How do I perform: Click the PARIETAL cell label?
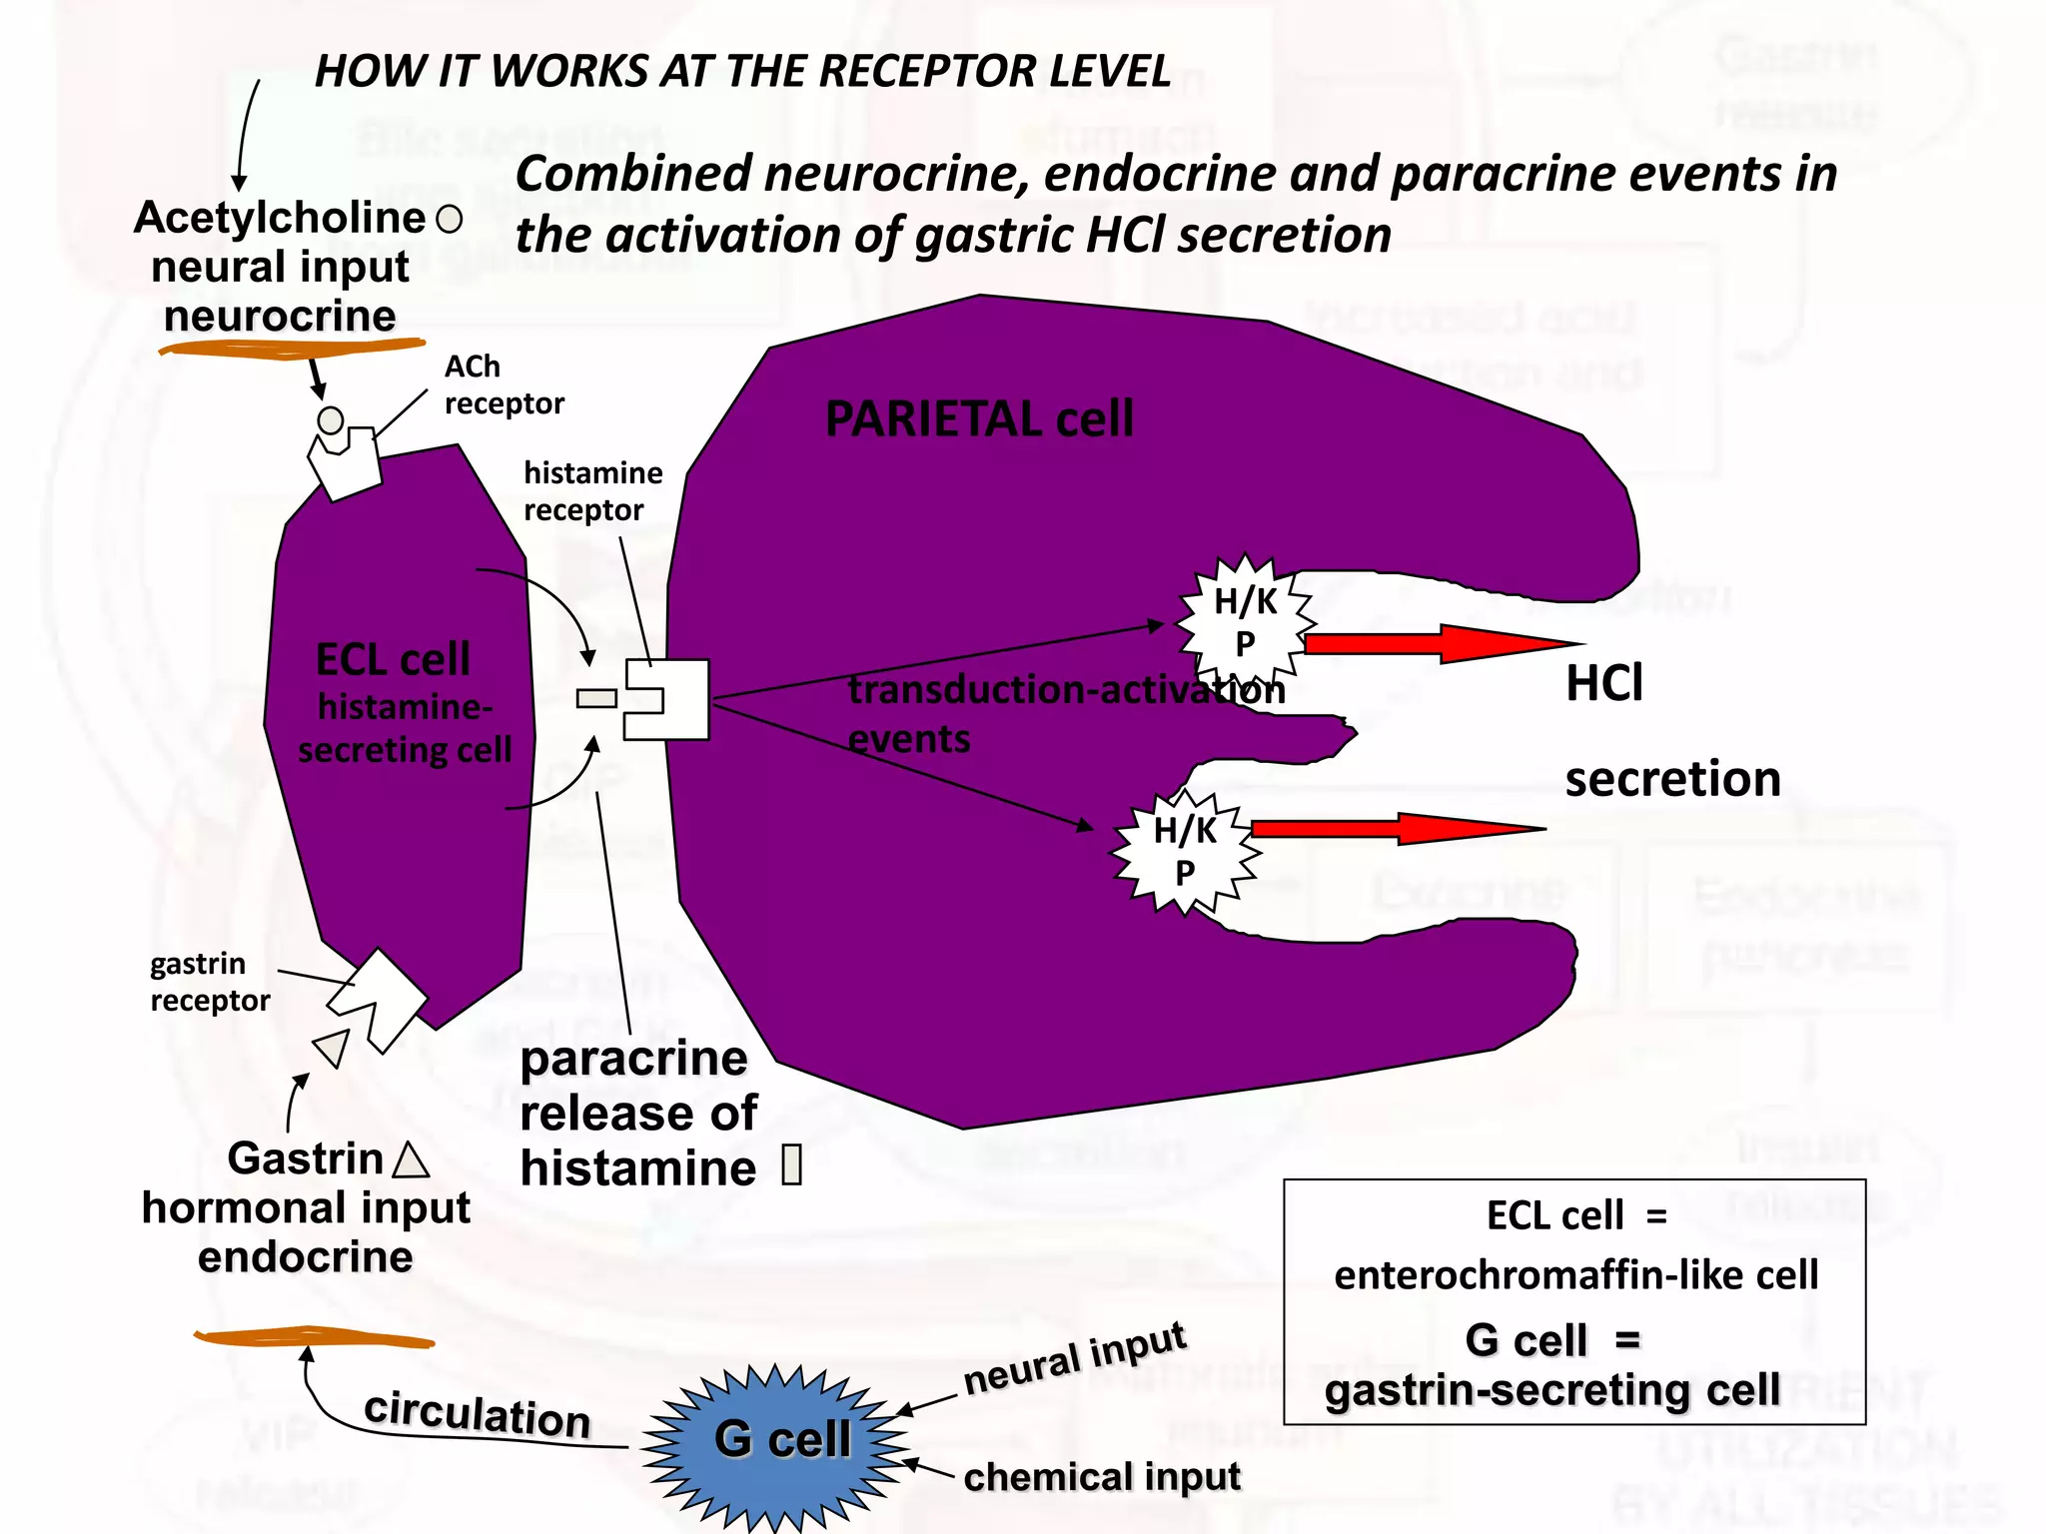point(979,419)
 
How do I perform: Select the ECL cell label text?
point(393,660)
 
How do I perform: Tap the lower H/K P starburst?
point(1185,852)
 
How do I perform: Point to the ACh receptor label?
point(503,385)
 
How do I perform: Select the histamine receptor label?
point(592,491)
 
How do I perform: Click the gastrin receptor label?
point(209,982)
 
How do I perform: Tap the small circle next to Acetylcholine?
point(450,220)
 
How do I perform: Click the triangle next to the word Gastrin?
point(411,1160)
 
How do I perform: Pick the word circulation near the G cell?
point(477,1414)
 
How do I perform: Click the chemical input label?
point(1101,1476)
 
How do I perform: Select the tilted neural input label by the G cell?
point(1074,1360)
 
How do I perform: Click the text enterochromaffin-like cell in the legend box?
point(1575,1275)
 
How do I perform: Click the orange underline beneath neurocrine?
point(292,348)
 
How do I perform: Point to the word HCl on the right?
point(1603,684)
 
